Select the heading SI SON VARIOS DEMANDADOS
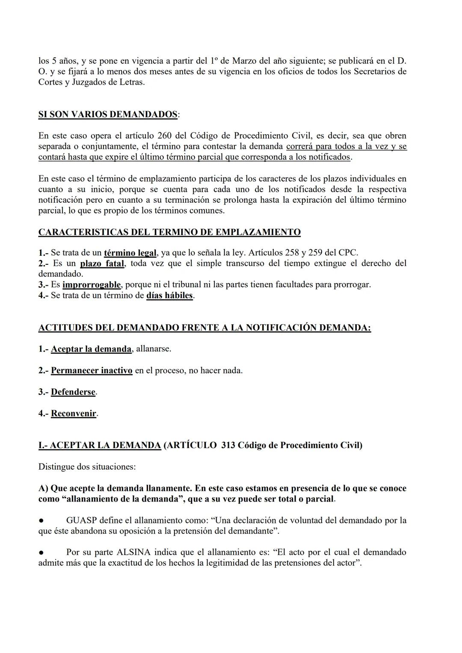(108, 115)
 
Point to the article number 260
(164, 136)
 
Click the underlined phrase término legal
(130, 253)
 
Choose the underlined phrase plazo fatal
(102, 263)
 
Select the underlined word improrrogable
(92, 285)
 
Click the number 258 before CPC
(293, 253)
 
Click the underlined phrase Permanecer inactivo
(92, 371)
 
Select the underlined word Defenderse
(73, 392)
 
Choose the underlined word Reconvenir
(74, 414)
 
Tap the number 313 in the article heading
(228, 446)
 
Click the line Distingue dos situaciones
(87, 467)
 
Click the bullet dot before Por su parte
(41, 553)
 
